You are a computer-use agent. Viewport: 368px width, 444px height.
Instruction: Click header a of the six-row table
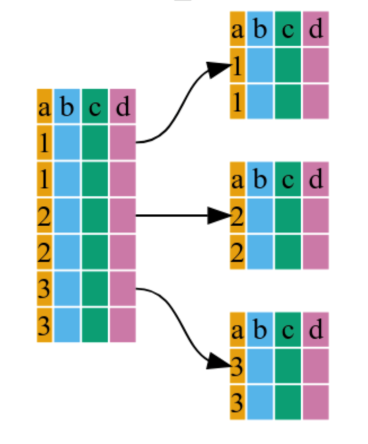45,106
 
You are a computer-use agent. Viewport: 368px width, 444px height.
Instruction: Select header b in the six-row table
67,106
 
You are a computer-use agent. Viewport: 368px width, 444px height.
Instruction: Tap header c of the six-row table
94,106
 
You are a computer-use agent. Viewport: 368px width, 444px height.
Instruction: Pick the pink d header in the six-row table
122,106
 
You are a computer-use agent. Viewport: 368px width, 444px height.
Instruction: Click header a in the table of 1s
237,29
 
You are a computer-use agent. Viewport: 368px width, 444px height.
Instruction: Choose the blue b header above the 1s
259,29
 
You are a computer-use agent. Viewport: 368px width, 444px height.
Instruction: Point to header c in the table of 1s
287,29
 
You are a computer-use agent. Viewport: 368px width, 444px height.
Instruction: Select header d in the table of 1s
315,29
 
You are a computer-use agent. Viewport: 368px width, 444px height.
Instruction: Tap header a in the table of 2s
237,179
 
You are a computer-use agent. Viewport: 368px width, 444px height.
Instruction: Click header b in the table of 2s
259,179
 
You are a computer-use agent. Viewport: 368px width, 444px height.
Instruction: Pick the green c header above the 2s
287,179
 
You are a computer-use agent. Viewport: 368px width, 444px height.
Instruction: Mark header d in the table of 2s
315,179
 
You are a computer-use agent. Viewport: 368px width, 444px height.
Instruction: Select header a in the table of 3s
237,329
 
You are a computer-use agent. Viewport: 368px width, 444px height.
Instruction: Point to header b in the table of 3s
259,329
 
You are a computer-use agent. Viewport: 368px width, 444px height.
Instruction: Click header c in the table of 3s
287,329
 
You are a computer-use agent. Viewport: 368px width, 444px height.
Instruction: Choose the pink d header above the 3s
315,329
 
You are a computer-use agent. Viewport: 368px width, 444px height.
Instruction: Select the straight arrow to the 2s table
181,215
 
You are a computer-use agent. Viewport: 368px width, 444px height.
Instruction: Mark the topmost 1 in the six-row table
45,143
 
